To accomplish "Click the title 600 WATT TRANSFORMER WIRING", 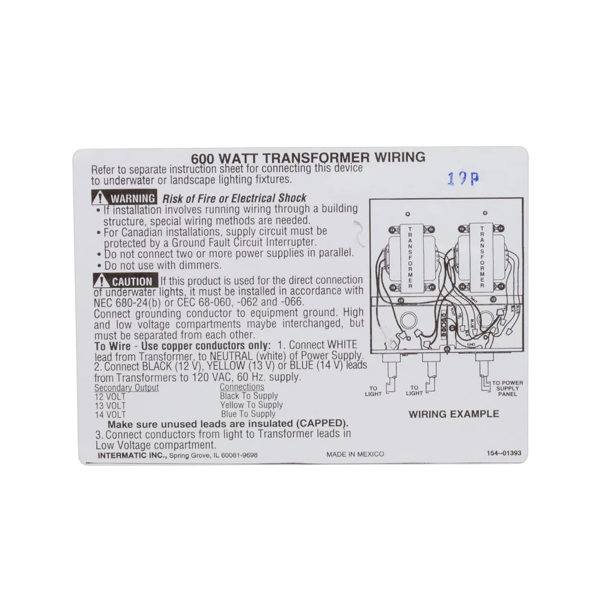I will pyautogui.click(x=308, y=158).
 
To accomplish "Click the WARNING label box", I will pyautogui.click(x=124, y=198).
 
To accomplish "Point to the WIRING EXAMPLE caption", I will pyautogui.click(x=453, y=414).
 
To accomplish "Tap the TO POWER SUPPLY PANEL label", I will pyautogui.click(x=507, y=388).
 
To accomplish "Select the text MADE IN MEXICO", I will pyautogui.click(x=355, y=454).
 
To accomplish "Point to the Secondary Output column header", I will pyautogui.click(x=126, y=388).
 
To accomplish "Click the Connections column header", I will pyautogui.click(x=242, y=387).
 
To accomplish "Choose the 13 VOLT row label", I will pyautogui.click(x=110, y=405).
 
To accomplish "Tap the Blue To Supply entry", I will pyautogui.click(x=248, y=414).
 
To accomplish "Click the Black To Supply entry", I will pyautogui.click(x=249, y=396).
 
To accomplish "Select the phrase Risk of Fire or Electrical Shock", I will pyautogui.click(x=234, y=198).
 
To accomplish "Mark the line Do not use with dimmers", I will pyautogui.click(x=163, y=265).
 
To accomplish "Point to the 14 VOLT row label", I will pyautogui.click(x=110, y=414).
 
